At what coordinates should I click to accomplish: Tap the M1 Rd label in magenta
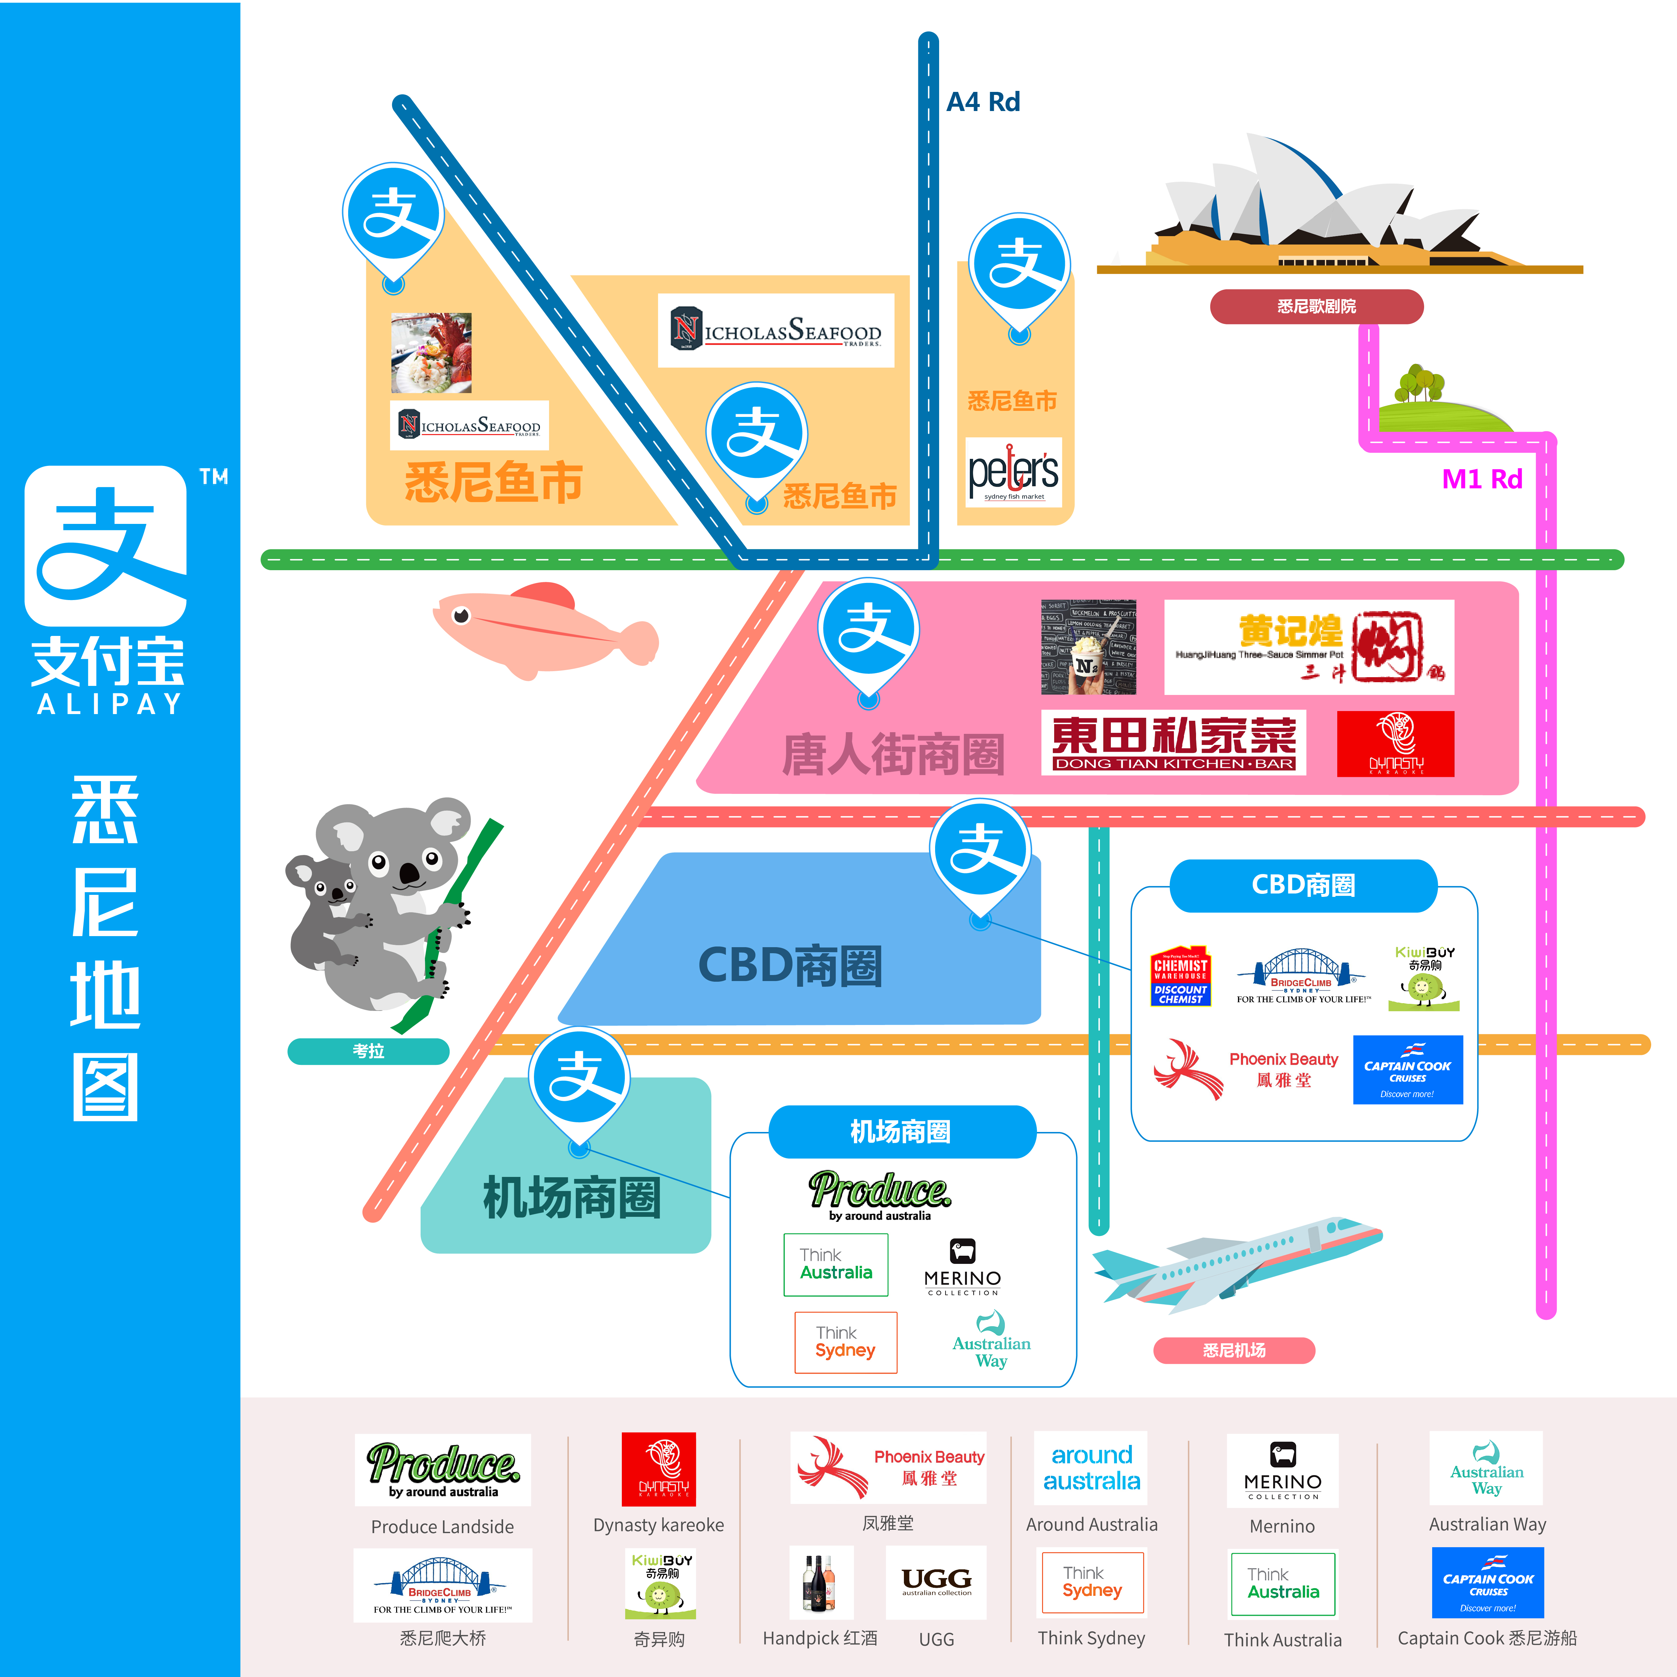[1482, 479]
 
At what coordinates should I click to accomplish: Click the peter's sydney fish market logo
[1013, 473]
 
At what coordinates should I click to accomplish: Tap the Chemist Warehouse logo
[1181, 976]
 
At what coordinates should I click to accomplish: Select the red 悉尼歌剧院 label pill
[1316, 307]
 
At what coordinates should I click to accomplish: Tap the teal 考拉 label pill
[368, 1051]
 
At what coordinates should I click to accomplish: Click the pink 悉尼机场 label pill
[1234, 1351]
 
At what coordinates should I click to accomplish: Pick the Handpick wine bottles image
[820, 1582]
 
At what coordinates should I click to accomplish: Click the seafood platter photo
[431, 353]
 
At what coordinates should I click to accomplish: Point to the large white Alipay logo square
[106, 545]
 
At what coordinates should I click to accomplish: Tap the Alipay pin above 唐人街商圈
[868, 634]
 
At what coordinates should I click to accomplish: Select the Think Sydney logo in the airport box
[845, 1342]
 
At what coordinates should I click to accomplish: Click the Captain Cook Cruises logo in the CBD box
[1407, 1069]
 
